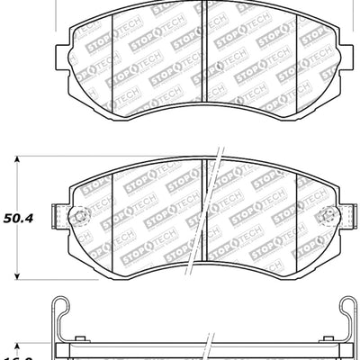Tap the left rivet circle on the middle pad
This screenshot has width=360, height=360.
(x=77, y=216)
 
